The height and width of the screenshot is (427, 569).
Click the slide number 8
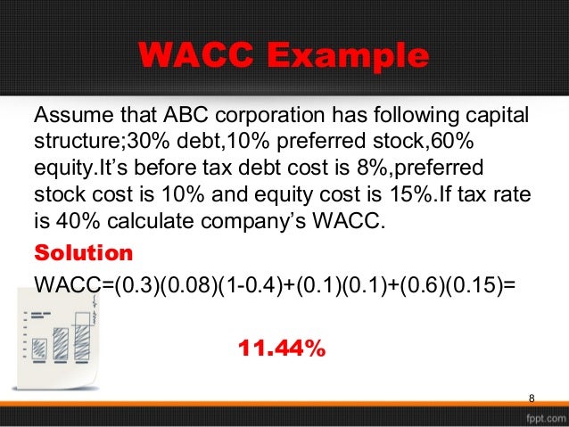pos(532,397)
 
